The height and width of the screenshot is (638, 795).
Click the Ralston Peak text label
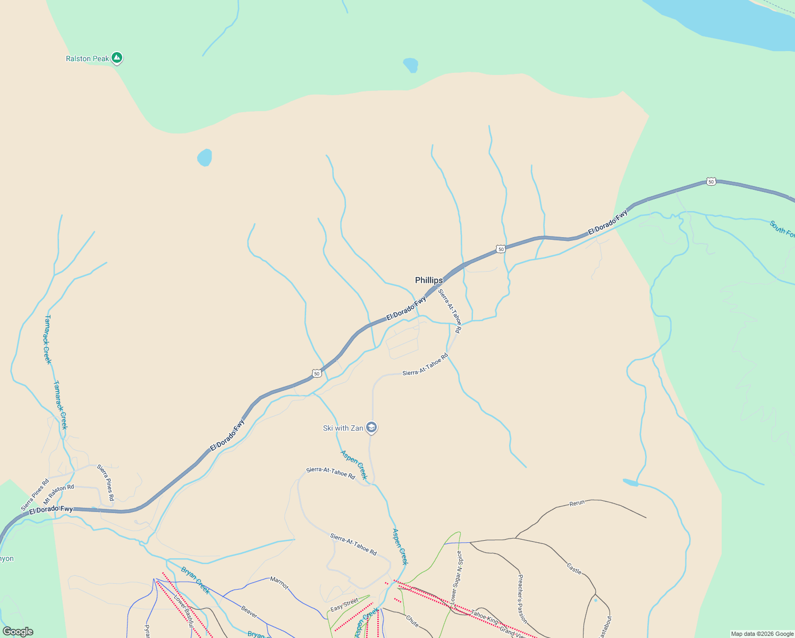(87, 58)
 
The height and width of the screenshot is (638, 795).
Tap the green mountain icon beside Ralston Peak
(117, 58)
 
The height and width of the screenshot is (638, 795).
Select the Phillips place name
(428, 280)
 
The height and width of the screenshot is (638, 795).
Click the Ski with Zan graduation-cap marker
(371, 427)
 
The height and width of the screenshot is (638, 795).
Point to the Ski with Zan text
(343, 428)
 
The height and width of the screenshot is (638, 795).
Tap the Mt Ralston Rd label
(58, 494)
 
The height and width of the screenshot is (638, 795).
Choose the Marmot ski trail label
(279, 583)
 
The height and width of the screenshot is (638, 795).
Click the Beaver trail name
(249, 612)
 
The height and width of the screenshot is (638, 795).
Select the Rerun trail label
(577, 503)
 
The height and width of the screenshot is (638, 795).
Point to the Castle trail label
(574, 568)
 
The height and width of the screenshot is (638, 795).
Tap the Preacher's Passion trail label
(522, 598)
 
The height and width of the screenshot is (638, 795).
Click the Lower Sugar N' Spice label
(456, 577)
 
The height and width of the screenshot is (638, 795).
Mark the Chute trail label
(412, 620)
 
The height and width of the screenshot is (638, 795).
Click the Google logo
(18, 631)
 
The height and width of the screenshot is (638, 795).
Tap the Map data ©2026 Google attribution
(762, 634)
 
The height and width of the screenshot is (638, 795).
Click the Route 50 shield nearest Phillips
(501, 249)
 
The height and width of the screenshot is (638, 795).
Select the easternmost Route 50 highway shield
(711, 182)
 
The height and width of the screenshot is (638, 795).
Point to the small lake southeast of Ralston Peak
(205, 157)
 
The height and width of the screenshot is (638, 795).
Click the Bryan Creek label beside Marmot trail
(195, 580)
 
